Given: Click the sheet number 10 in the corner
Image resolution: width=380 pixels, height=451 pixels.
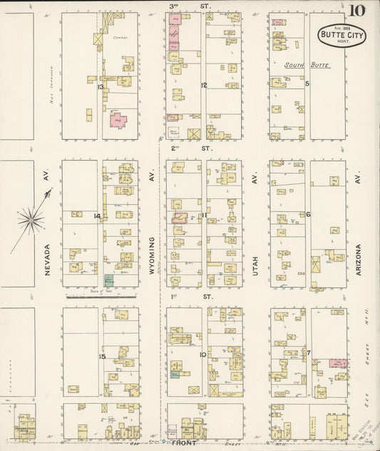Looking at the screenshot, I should point(356,11).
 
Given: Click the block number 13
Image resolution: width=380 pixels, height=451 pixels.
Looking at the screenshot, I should point(101,86).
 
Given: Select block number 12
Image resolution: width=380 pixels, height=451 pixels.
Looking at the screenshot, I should point(204,85).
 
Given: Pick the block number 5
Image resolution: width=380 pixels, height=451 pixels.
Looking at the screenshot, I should point(307,83).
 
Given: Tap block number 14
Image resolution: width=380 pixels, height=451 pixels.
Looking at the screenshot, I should point(97,216).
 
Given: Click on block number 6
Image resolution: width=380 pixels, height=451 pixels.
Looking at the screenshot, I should point(308,214).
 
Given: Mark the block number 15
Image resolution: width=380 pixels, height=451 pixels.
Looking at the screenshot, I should point(102,356).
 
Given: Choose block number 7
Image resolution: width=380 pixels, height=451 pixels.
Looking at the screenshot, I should point(309,353).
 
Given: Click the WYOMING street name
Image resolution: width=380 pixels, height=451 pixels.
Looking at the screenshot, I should point(151,256).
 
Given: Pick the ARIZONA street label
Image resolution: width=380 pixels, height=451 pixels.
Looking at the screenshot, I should point(358,263).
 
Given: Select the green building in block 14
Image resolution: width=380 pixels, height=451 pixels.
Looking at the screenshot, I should point(108,280).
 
